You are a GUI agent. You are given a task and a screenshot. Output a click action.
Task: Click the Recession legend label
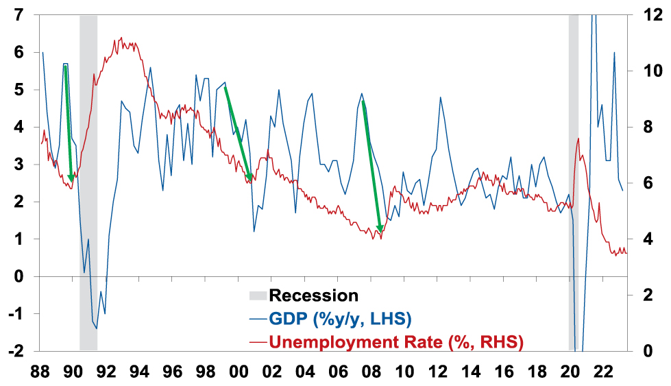(x=314, y=296)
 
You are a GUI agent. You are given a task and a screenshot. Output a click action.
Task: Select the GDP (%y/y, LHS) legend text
(x=339, y=319)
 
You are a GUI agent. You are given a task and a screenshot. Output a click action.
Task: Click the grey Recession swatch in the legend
(x=257, y=296)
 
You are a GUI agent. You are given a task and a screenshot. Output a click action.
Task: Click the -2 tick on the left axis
(x=16, y=351)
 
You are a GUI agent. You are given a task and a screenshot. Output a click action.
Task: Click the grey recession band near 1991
(x=88, y=206)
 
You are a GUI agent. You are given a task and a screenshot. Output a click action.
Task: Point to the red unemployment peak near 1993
(x=121, y=38)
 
